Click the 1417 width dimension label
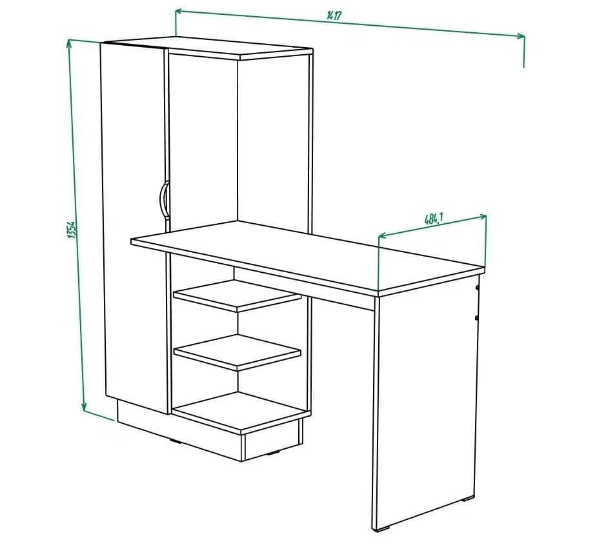pyautogui.click(x=334, y=16)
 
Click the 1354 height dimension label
pyautogui.click(x=72, y=231)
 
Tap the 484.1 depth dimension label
pyautogui.click(x=433, y=219)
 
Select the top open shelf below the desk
pyautogui.click(x=237, y=295)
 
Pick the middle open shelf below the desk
pyautogui.click(x=237, y=352)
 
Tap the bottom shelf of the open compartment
pyautogui.click(x=241, y=410)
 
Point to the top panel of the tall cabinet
pyautogui.click(x=239, y=49)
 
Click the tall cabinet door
pyautogui.click(x=134, y=226)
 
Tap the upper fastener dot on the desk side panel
pyautogui.click(x=477, y=286)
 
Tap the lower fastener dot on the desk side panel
pyautogui.click(x=477, y=318)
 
